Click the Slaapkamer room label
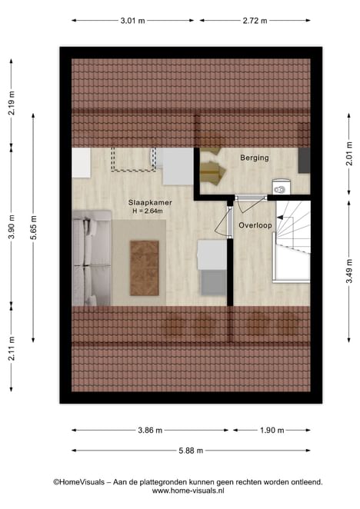[150, 202]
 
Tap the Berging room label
[255, 158]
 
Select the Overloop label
[255, 225]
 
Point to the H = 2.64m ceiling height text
[148, 211]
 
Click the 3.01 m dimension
[132, 21]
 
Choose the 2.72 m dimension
[255, 21]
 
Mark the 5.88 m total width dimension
[191, 451]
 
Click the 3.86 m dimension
[150, 431]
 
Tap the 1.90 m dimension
[272, 431]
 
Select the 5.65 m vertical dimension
[33, 228]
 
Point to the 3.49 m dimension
[349, 271]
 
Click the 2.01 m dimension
[349, 154]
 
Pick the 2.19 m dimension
[12, 103]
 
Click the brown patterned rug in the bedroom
[145, 268]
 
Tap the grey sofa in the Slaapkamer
[92, 258]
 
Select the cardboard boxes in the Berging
[212, 166]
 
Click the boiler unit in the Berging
[282, 187]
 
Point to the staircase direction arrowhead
[280, 218]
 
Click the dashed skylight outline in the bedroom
[134, 159]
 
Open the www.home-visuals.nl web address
[188, 491]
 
